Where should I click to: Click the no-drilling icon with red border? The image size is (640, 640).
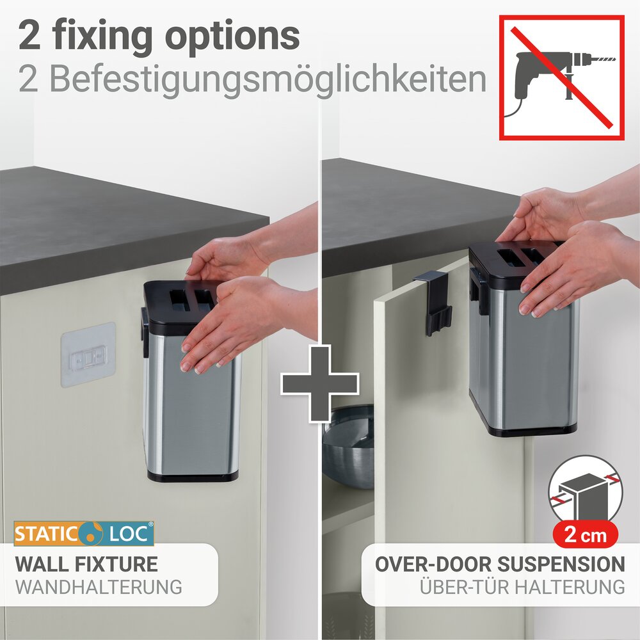coord(561,77)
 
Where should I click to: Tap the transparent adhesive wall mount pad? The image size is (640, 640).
coord(88,354)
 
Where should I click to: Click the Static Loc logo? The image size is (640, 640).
coord(84,533)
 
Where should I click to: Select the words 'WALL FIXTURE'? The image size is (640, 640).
coord(86,564)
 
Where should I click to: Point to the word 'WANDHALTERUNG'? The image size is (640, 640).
coord(99,587)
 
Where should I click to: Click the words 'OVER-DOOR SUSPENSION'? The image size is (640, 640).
coord(500,564)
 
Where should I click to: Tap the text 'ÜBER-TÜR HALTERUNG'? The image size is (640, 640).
coord(522,586)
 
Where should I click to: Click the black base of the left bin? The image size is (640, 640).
coord(192,476)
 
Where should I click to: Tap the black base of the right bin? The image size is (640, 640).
coord(525,429)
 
